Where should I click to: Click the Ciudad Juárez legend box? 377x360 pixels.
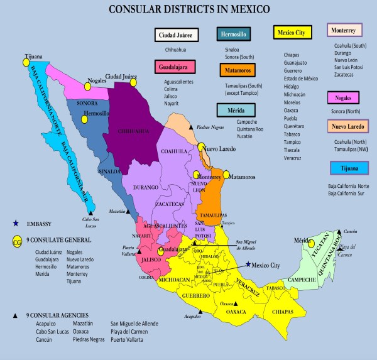[176, 35]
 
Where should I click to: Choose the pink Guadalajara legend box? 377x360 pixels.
[174, 66]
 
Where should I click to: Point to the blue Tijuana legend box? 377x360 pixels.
[348, 168]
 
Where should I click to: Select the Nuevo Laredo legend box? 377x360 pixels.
[348, 126]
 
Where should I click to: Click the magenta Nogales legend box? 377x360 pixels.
[347, 98]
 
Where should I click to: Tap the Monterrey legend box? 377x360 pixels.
[347, 30]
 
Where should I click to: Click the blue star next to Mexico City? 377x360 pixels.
[249, 265]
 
